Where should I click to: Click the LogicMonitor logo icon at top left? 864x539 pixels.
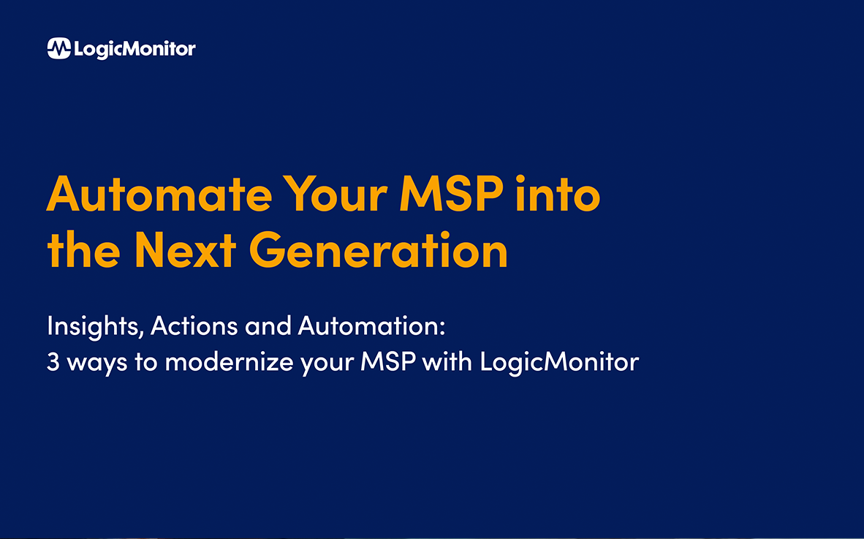point(59,48)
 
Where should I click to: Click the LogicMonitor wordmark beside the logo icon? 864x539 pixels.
point(134,49)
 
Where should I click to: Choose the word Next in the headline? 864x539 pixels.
point(185,251)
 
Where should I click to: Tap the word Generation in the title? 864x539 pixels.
point(379,251)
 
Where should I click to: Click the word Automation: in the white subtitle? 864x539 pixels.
point(371,326)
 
